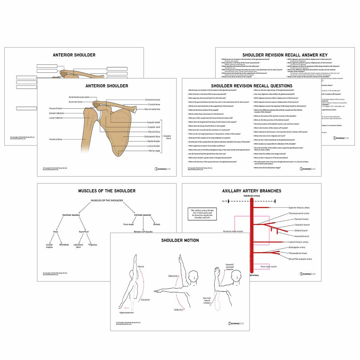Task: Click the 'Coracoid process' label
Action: coord(152,100)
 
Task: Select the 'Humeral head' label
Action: coord(55,108)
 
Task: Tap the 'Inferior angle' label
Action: coord(154,151)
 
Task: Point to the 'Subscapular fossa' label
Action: coord(152,136)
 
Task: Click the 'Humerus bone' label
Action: coord(56,139)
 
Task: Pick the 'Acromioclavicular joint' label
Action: coord(79,97)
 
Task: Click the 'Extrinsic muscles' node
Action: coord(71,215)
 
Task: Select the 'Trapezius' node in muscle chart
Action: coord(93,245)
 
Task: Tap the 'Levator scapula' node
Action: coord(49,246)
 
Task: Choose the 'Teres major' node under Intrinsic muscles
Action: coord(128,224)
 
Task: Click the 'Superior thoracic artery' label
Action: coord(299,208)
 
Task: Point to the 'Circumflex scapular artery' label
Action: coord(300,259)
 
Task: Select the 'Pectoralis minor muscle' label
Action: coord(233,231)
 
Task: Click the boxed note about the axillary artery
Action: coord(202,214)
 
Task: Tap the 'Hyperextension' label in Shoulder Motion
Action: coord(126,313)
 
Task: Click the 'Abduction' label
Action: coord(173,276)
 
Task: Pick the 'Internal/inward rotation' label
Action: coord(207,301)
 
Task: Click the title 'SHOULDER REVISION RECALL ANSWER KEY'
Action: coord(268,55)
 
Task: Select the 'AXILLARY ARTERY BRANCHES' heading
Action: coord(252,191)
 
